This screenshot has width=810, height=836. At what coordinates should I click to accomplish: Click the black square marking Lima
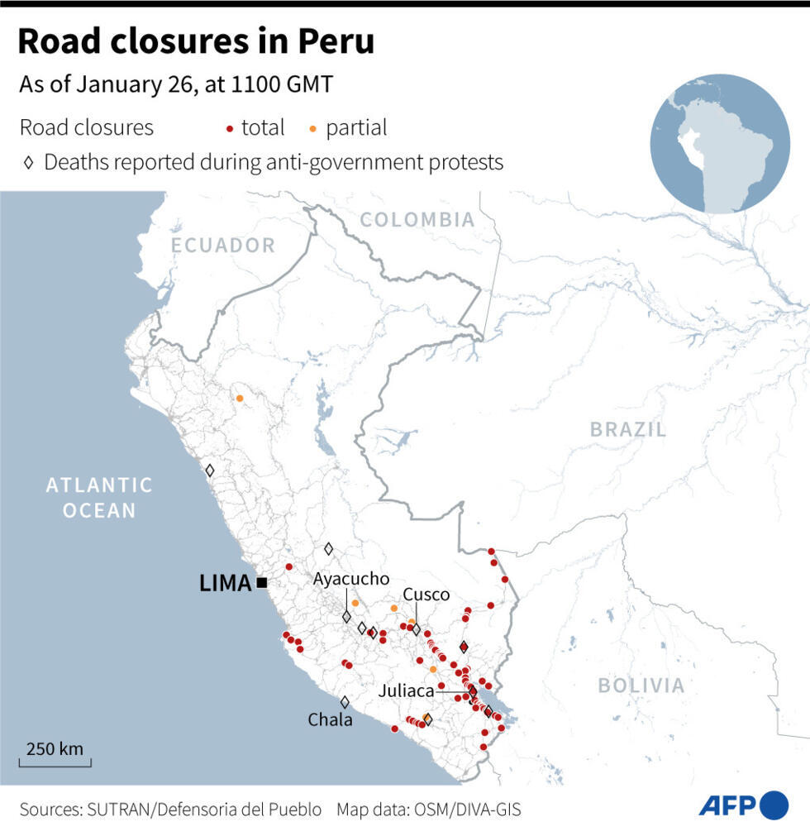click(262, 583)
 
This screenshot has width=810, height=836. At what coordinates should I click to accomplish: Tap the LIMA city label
click(225, 583)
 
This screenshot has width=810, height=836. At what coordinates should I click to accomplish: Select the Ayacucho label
click(350, 580)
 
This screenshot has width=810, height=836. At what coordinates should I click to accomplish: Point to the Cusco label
click(426, 595)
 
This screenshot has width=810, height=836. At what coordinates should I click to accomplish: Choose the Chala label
click(330, 720)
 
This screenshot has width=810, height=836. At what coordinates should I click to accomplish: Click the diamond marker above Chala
click(345, 702)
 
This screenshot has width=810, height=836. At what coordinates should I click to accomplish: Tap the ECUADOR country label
click(223, 245)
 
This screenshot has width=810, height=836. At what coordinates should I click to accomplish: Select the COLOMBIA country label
click(417, 219)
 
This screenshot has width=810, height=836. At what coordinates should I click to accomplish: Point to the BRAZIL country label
click(627, 429)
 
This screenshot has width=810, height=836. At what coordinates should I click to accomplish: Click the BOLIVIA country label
click(641, 686)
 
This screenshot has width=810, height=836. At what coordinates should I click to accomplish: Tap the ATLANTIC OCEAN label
click(99, 497)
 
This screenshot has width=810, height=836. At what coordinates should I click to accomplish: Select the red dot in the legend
click(230, 129)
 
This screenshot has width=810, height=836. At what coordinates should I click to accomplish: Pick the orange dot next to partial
click(313, 129)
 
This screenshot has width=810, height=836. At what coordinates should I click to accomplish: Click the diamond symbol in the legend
click(28, 163)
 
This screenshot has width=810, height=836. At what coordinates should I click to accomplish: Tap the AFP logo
click(743, 805)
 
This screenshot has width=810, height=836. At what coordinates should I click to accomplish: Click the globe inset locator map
click(719, 144)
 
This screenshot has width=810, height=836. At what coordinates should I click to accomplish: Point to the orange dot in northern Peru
click(240, 399)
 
